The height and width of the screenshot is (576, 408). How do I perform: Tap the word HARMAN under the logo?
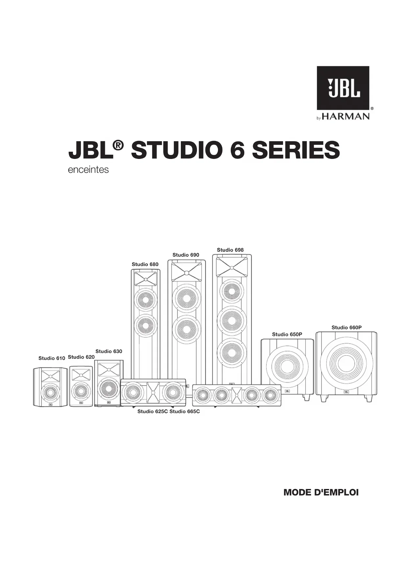click(346, 117)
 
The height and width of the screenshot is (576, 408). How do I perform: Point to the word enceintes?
click(88, 170)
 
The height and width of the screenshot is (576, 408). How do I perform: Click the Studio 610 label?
click(52, 358)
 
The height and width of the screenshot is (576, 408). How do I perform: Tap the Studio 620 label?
click(81, 357)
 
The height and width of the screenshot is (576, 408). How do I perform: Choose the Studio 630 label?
click(109, 351)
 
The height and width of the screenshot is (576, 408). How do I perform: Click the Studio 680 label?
click(145, 264)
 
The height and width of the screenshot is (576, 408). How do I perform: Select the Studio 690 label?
click(186, 255)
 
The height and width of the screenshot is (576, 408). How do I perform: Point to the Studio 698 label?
click(230, 250)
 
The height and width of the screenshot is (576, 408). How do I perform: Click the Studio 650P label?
click(287, 334)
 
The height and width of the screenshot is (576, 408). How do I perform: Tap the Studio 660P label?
click(347, 327)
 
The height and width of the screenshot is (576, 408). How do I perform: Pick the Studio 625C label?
click(153, 411)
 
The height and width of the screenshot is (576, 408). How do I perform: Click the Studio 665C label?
click(184, 411)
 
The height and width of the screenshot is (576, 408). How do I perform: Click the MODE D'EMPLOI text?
click(321, 493)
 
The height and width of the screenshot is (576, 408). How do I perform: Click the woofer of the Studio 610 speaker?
click(50, 392)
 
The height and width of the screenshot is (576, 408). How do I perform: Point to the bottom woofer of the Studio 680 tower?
click(146, 326)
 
